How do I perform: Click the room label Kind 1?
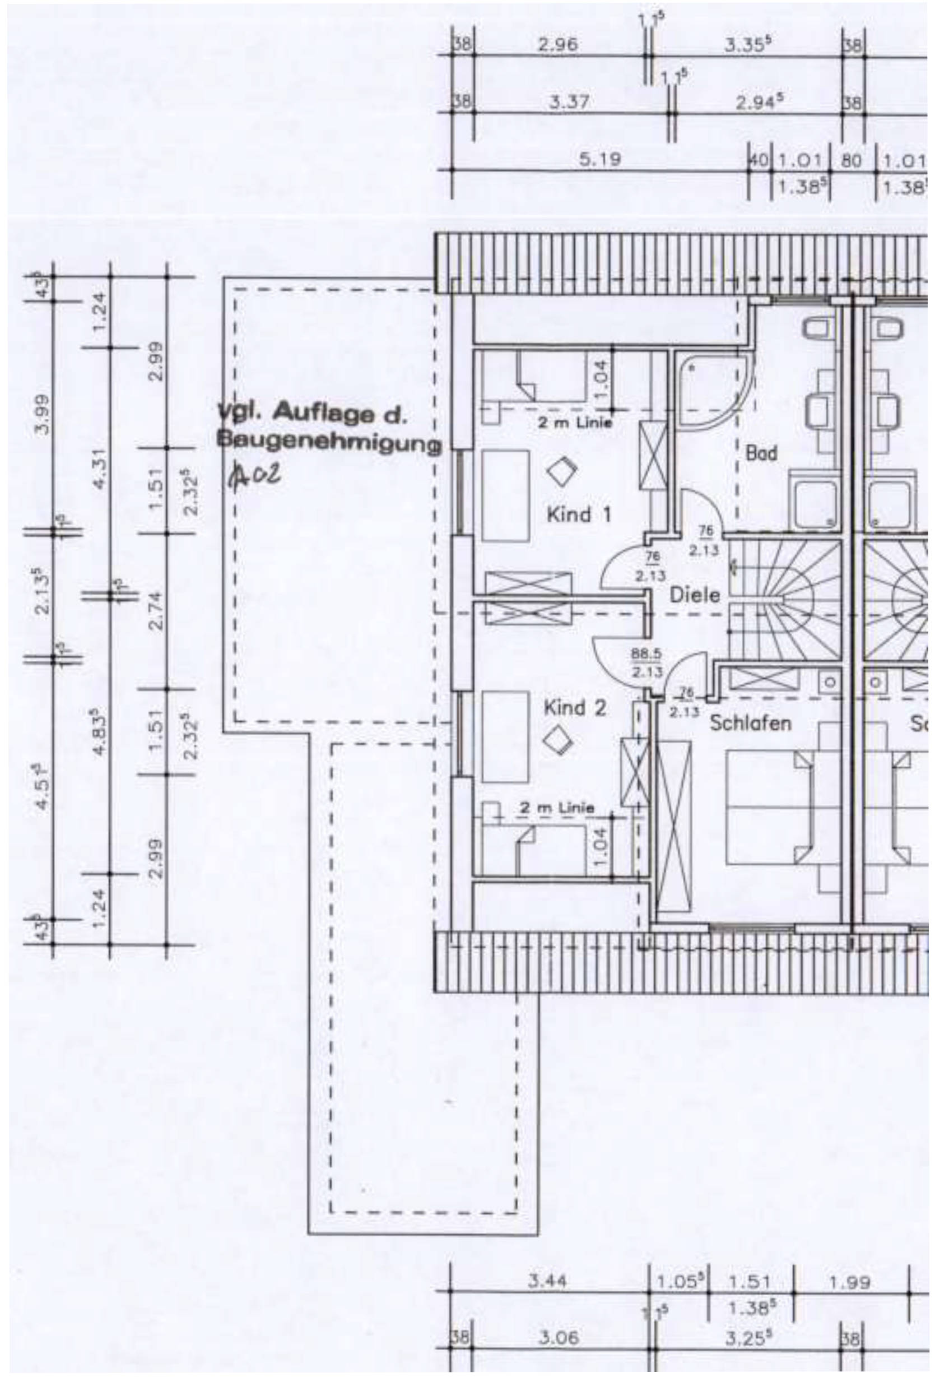578,514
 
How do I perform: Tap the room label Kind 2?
575,707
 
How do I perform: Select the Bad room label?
761,454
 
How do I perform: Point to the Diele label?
695,594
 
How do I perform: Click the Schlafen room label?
750,724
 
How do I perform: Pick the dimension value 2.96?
558,45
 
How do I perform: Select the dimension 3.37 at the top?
569,103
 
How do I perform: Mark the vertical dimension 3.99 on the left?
42,415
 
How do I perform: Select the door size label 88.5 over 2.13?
646,662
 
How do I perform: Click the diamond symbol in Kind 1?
561,472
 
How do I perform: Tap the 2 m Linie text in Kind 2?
557,808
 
